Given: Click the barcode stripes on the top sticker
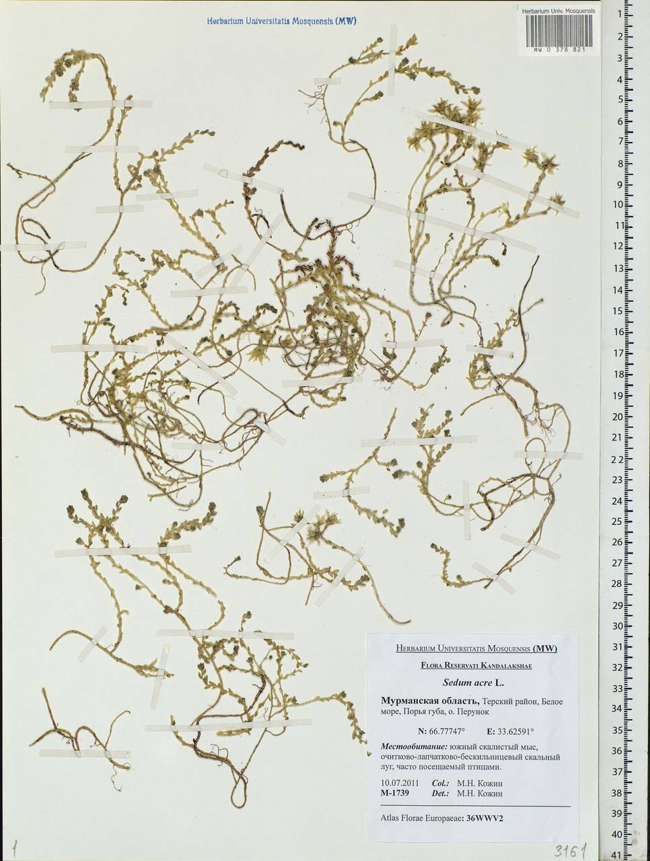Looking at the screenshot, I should [x=558, y=30].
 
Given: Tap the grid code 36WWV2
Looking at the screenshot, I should [x=484, y=818].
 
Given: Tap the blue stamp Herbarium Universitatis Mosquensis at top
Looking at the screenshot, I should [x=281, y=22].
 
